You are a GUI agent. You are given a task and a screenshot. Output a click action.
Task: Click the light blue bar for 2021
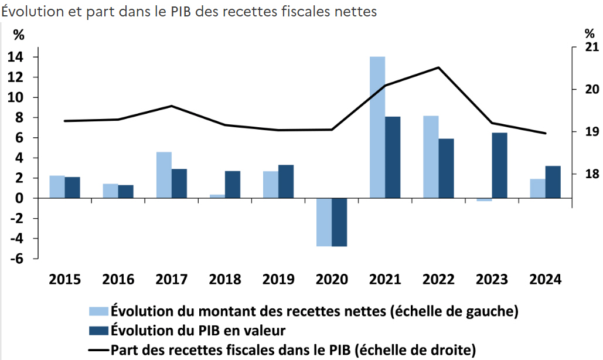click(377, 127)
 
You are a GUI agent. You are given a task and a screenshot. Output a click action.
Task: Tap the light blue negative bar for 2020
click(324, 222)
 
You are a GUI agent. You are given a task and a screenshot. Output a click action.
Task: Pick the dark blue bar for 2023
click(499, 165)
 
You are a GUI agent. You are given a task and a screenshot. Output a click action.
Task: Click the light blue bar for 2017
click(164, 175)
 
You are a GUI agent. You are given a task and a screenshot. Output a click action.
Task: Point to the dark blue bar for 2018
click(233, 185)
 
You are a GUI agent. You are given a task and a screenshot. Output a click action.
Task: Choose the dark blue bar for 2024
click(553, 182)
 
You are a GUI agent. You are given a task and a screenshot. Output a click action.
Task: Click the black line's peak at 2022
click(438, 67)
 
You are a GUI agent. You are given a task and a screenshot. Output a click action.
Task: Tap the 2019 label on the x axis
click(278, 279)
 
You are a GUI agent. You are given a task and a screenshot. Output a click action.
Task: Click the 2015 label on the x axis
click(65, 279)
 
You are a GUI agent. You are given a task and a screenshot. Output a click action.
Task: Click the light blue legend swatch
click(98, 311)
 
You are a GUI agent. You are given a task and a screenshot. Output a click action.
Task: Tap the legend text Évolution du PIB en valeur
click(199, 330)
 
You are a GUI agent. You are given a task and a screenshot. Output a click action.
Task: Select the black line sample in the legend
click(98, 350)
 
